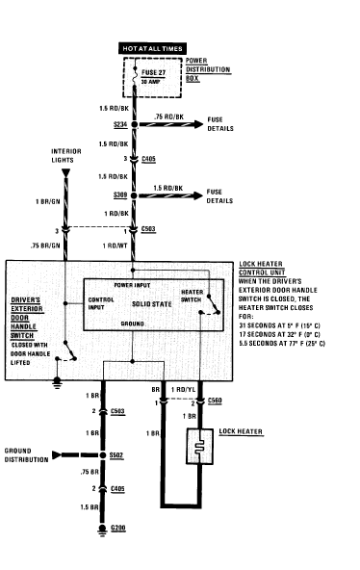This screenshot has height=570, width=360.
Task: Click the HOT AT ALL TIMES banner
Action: (x=153, y=48)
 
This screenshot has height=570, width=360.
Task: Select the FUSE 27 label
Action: (x=153, y=73)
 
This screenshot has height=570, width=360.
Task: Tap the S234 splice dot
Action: (x=134, y=125)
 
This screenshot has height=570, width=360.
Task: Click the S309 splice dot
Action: (x=134, y=195)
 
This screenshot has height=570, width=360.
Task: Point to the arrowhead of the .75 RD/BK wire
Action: (x=198, y=124)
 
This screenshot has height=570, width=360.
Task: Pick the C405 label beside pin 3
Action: (x=148, y=159)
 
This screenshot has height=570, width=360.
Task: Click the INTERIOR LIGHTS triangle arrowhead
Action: (x=65, y=173)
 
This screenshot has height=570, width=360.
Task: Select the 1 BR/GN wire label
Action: (x=48, y=201)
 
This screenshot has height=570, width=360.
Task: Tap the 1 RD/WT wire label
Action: (x=116, y=246)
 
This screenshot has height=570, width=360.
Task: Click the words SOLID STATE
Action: (x=151, y=304)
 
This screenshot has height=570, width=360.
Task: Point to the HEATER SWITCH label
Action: (x=192, y=296)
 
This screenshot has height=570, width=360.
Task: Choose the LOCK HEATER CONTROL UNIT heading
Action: (x=262, y=269)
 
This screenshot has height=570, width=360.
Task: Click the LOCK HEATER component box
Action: (x=199, y=446)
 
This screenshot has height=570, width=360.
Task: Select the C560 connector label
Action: (x=215, y=401)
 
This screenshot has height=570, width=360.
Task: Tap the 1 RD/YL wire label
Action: (x=183, y=390)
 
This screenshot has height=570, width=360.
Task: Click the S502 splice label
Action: (x=116, y=455)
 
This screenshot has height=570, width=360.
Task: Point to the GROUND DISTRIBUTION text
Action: (x=26, y=455)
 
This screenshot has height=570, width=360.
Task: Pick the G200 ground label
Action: (x=118, y=528)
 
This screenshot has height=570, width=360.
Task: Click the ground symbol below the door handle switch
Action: (x=57, y=383)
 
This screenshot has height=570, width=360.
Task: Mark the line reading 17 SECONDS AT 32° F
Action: (x=279, y=334)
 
